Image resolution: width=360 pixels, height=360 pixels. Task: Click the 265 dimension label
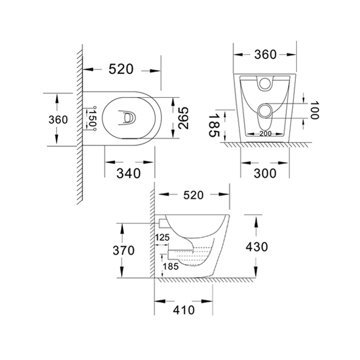pyautogui.click(x=183, y=118)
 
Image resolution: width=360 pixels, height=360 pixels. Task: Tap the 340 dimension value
pyautogui.click(x=129, y=173)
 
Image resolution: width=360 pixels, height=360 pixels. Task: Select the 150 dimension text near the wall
pyautogui.click(x=92, y=118)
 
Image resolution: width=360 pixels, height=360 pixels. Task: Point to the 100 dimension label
pyautogui.click(x=314, y=110)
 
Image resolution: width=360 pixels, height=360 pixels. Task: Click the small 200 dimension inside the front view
pyautogui.click(x=265, y=134)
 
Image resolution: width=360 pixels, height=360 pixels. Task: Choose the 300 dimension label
pyautogui.click(x=265, y=173)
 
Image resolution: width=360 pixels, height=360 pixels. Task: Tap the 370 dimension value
pyautogui.click(x=123, y=250)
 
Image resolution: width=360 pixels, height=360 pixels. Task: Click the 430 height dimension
pyautogui.click(x=257, y=247)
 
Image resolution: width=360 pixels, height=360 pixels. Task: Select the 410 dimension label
pyautogui.click(x=184, y=310)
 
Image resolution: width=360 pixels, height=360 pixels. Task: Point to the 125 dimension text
pyautogui.click(x=162, y=237)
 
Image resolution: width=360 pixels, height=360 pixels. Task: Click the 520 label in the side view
pyautogui.click(x=193, y=195)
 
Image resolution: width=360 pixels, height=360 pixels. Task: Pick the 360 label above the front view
pyautogui.click(x=265, y=54)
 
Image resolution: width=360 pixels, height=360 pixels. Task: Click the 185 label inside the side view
pyautogui.click(x=171, y=266)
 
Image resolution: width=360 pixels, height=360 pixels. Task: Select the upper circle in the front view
pyautogui.click(x=265, y=83)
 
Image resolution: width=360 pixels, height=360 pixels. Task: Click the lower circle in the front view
pyautogui.click(x=265, y=111)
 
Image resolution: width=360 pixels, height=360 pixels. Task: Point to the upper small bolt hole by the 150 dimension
pyautogui.click(x=94, y=107)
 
